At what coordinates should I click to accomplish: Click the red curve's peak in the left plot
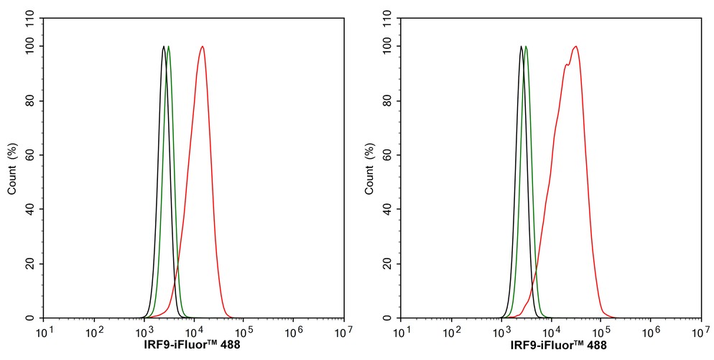click(x=203, y=47)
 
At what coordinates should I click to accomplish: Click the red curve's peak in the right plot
click(x=575, y=47)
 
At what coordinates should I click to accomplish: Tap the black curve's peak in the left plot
click(x=164, y=47)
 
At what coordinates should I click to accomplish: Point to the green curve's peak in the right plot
click(x=526, y=47)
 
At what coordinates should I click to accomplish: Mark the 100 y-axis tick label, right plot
click(x=385, y=47)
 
